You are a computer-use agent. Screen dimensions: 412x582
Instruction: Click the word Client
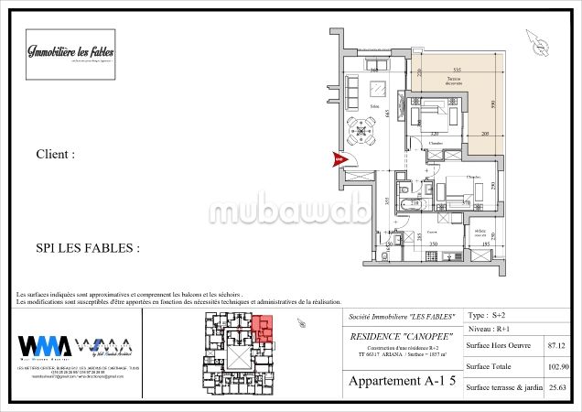click(55, 155)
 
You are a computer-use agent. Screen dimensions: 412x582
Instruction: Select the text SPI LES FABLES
click(87, 248)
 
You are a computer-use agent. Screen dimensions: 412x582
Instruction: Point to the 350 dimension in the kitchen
click(434, 244)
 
